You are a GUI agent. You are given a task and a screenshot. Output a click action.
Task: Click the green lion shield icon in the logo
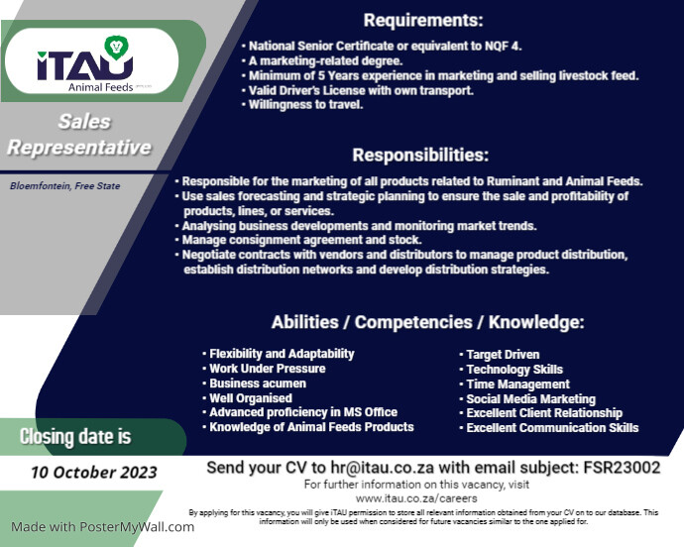[x=116, y=48]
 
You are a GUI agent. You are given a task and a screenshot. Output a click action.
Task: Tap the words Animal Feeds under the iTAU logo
[x=101, y=87]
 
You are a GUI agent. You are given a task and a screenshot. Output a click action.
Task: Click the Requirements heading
[x=423, y=21]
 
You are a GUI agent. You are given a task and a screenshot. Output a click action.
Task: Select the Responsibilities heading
[x=420, y=156]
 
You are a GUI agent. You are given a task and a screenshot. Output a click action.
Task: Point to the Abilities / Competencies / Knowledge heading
[x=427, y=322]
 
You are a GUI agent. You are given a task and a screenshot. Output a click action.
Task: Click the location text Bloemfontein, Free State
[x=65, y=186]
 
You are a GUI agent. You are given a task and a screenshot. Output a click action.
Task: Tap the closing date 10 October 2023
[x=94, y=473]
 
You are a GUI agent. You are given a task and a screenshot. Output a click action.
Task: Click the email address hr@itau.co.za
[x=382, y=468]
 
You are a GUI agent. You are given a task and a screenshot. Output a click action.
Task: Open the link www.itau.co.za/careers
[x=416, y=498]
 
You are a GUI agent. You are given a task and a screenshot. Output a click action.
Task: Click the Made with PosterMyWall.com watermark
[x=102, y=527]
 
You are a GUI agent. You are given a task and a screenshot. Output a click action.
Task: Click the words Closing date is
[x=75, y=437]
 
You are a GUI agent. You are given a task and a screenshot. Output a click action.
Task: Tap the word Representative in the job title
[x=79, y=148]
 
